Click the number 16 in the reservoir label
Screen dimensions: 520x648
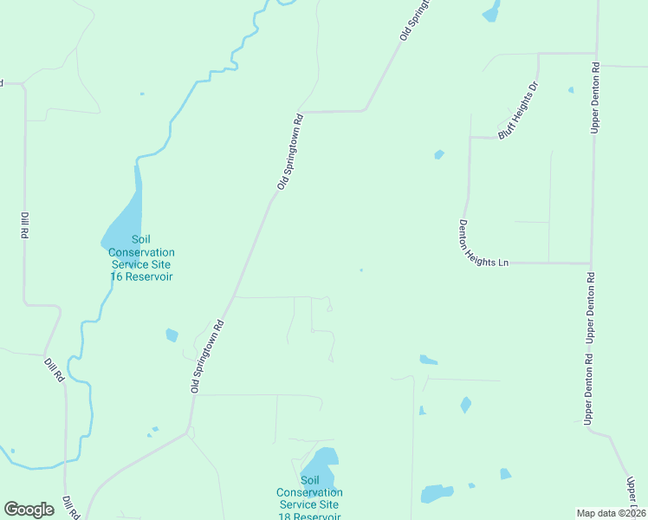coord(116,276)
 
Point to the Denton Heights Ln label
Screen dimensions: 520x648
coord(482,243)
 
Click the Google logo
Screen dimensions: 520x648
coord(29,510)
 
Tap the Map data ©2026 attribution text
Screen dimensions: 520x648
coord(611,513)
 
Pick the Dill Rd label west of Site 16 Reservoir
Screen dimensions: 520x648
coord(24,224)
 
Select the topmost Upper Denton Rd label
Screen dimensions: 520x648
coord(595,97)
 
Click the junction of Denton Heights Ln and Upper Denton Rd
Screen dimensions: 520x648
coord(591,263)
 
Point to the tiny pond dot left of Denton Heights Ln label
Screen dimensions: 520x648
coord(361,270)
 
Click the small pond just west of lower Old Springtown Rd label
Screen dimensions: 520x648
coord(172,335)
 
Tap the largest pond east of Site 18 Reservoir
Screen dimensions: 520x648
coord(437,493)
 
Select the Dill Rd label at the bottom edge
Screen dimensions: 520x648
coord(70,508)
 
